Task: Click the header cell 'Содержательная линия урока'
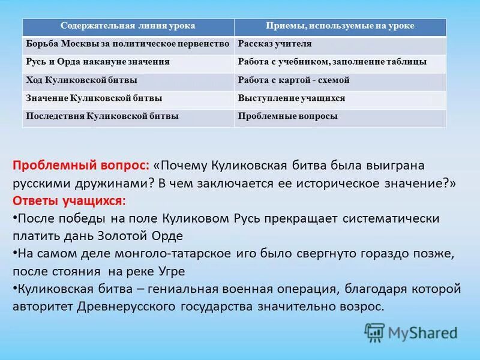(x=128, y=26)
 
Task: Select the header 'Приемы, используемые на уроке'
(x=340, y=26)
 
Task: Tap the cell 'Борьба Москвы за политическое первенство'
(x=128, y=44)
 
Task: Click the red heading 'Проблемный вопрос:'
(x=81, y=166)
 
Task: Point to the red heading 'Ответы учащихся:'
(x=70, y=200)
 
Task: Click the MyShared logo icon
(x=374, y=332)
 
